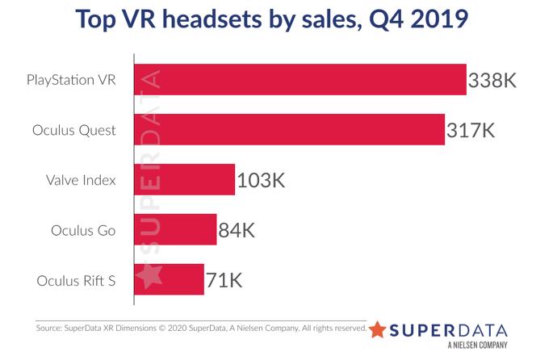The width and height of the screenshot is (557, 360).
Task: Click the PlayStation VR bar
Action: (x=299, y=80)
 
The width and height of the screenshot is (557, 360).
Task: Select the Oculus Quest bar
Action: (x=289, y=130)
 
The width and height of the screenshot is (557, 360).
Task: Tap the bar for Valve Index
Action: (x=184, y=180)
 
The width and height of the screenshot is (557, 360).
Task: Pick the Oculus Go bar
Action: (x=175, y=230)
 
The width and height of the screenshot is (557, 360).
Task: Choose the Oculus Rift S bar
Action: (x=169, y=280)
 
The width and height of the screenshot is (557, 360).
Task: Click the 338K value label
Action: (x=492, y=81)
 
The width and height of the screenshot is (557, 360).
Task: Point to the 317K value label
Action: (x=470, y=131)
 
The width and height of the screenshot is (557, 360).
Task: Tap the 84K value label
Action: (x=237, y=231)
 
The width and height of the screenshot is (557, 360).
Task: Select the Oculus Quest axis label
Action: (x=74, y=131)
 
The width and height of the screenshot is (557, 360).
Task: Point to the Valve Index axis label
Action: (x=82, y=181)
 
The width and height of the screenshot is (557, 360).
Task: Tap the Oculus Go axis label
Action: (x=83, y=231)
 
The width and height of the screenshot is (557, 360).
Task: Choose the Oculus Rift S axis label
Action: (x=77, y=281)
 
